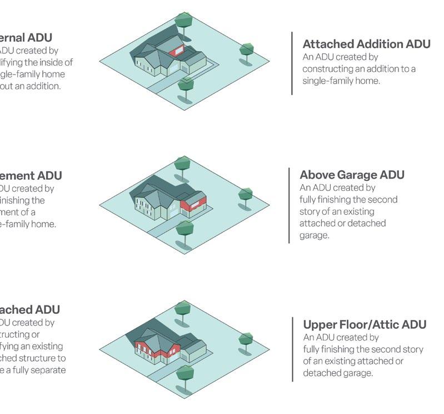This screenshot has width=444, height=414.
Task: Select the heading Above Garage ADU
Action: pos(352,175)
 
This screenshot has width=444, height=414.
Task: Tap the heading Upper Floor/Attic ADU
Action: pos(365,324)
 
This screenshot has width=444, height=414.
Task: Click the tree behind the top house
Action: pos(183,20)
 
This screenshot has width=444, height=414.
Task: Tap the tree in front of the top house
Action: pos(186,85)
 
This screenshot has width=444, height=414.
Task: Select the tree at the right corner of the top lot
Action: pos(247,51)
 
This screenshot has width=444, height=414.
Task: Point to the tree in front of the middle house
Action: pos(184,228)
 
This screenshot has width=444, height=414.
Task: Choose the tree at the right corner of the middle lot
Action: pos(246,195)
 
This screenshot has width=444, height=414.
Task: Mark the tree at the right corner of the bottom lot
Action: pos(246,339)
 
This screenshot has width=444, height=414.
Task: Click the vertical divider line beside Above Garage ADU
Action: pos(290,205)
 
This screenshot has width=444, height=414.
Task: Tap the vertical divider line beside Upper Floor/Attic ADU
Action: pos(293,349)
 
